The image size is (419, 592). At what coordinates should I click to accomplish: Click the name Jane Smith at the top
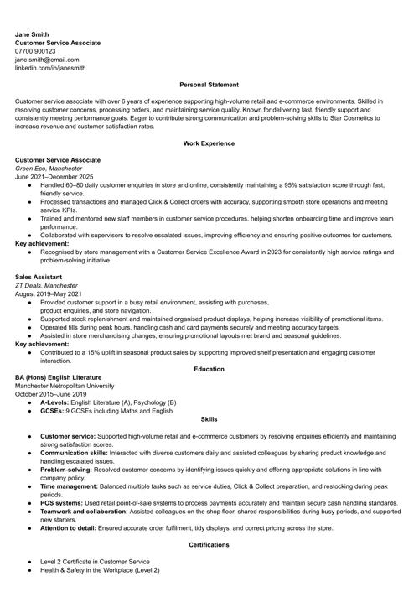pyautogui.click(x=33, y=34)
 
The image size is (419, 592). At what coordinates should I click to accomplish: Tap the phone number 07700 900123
pyautogui.click(x=35, y=51)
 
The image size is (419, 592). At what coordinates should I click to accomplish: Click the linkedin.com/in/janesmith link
pyautogui.click(x=49, y=69)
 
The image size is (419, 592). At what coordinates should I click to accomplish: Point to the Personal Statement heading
pyautogui.click(x=209, y=85)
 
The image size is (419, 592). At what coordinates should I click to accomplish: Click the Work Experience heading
pyautogui.click(x=209, y=143)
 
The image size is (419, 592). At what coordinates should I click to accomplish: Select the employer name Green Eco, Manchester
pyautogui.click(x=51, y=169)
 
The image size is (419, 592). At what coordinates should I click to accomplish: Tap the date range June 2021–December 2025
pyautogui.click(x=54, y=177)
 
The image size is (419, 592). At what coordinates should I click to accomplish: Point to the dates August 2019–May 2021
pyautogui.click(x=49, y=294)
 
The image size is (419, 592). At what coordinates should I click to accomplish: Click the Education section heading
pyautogui.click(x=209, y=369)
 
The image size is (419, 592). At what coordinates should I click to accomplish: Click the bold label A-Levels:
pyautogui.click(x=57, y=403)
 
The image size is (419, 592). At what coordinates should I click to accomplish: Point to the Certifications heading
pyautogui.click(x=209, y=545)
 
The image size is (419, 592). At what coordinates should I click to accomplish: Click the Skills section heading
pyautogui.click(x=209, y=419)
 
